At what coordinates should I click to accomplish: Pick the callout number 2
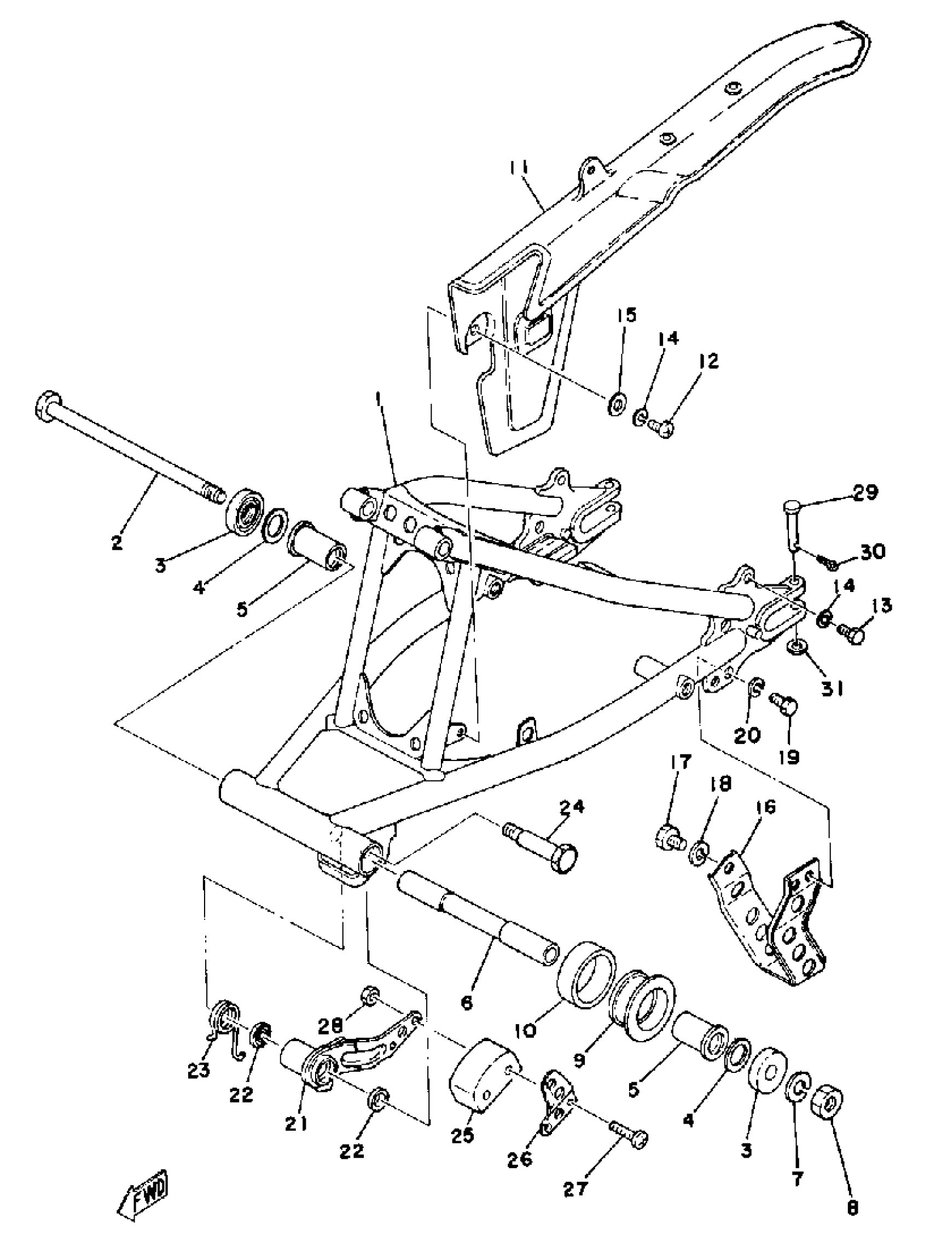pyautogui.click(x=118, y=544)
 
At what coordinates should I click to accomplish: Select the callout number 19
pyautogui.click(x=789, y=757)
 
